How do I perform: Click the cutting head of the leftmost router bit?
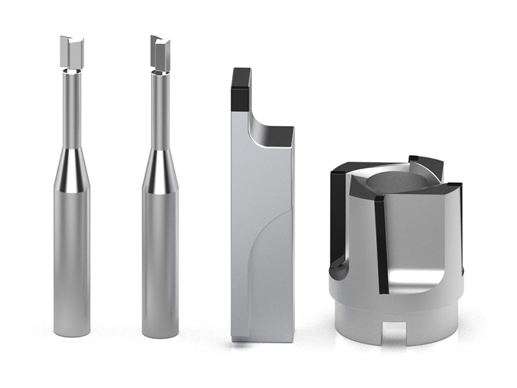72,52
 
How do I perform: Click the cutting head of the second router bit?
160,54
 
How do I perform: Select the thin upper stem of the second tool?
160,110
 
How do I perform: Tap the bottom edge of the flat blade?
262,339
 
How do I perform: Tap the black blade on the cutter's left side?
338,213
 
